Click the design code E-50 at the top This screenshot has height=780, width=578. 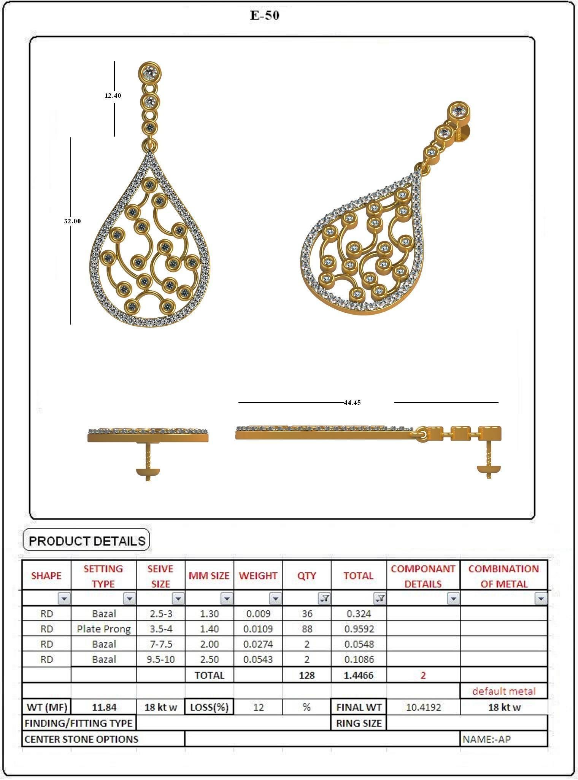coord(265,15)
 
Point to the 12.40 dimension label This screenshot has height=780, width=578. coord(113,96)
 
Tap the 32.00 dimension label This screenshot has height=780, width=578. coord(72,221)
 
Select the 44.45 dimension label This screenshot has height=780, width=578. coord(352,403)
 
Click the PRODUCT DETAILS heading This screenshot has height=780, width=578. coord(87,541)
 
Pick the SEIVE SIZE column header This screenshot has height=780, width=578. coord(160,576)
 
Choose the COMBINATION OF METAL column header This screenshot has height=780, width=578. coord(503,576)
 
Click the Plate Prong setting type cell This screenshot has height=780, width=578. coord(104,629)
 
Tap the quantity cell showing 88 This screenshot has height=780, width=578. coord(306,629)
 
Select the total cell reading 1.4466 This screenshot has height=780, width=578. coord(359,675)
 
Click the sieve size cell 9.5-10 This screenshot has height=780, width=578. coord(160,659)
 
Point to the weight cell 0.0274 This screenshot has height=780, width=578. coord(258,644)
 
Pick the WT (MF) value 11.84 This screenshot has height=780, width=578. coord(104,707)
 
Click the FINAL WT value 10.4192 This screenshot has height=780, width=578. coord(423,707)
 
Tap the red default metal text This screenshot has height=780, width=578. coord(503,691)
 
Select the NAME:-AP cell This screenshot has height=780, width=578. coord(487,739)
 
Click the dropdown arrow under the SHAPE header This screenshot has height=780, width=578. coord(64,599)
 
